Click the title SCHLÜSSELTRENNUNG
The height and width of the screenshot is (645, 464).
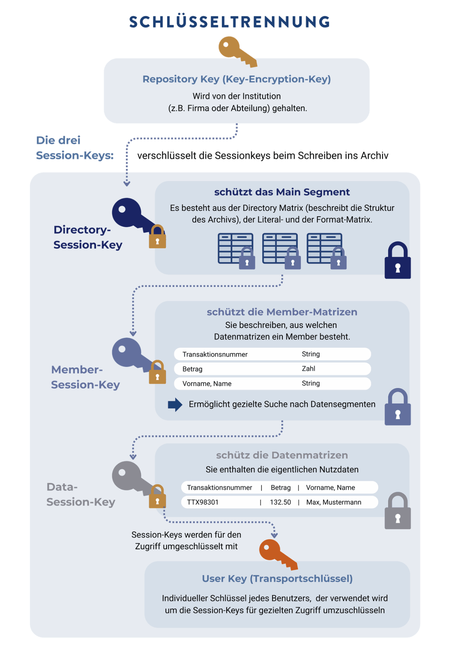229,22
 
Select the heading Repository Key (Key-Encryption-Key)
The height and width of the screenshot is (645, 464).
236,79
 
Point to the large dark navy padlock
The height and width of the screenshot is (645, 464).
397,261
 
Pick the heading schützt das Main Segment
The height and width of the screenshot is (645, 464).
282,192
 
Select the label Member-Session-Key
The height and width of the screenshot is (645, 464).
85,377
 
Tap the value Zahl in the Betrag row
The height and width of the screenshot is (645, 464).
308,369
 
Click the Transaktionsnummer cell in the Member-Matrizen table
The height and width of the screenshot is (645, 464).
215,355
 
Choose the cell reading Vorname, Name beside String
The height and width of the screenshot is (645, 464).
207,384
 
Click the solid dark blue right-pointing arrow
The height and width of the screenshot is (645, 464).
175,405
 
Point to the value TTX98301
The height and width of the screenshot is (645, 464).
203,502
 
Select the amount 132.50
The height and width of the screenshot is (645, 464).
280,502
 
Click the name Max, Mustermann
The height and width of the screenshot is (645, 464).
333,502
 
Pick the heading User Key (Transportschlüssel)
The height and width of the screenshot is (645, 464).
277,579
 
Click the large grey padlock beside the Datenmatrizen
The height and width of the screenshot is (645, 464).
397,511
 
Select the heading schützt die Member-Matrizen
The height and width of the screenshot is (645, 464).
282,312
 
